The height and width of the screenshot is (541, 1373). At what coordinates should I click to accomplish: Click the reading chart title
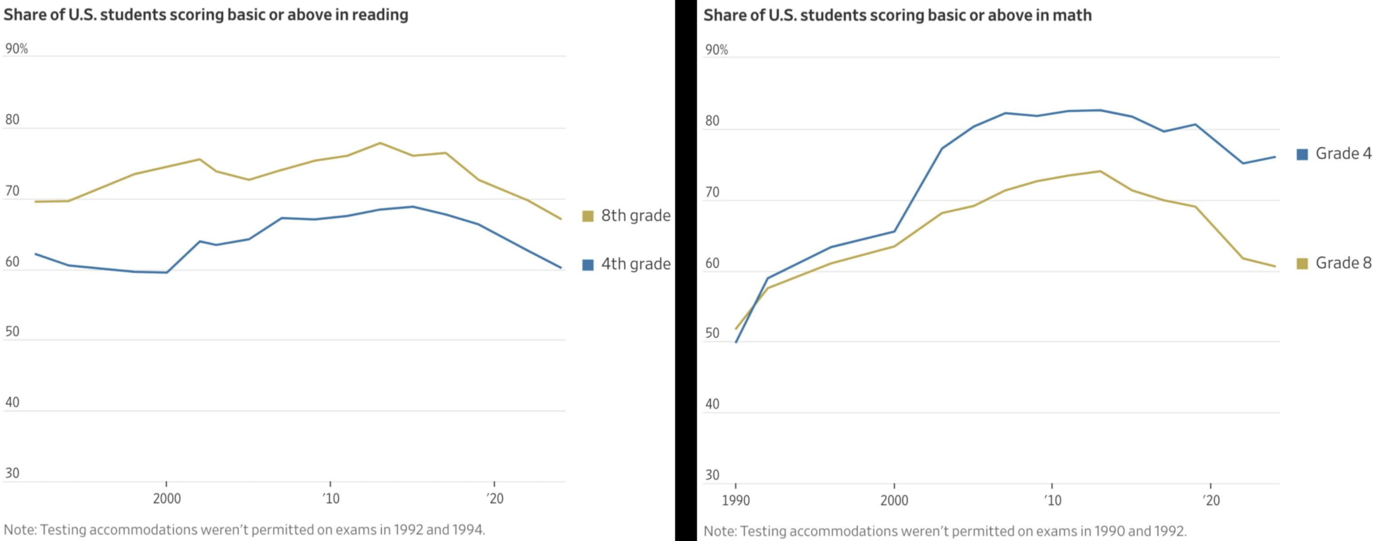coord(206,15)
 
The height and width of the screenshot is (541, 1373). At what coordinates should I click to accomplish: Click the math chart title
coord(897,15)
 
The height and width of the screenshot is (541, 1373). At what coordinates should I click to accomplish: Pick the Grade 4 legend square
coord(1302,154)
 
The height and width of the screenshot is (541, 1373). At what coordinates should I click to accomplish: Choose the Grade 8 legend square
coord(1302,264)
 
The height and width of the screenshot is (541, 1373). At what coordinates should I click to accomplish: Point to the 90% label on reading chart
coord(17,49)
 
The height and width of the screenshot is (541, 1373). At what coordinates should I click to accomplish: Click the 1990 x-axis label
coord(736,500)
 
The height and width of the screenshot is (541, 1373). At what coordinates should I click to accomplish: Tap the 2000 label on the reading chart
coord(167,499)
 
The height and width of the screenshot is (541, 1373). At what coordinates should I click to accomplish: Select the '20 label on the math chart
coord(1211,500)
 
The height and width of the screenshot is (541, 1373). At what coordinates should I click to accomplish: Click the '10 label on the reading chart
coord(330,499)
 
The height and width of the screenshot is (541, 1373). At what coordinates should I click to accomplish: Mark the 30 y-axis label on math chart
coord(712,475)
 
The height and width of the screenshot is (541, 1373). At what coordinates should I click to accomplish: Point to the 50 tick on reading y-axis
coord(12,331)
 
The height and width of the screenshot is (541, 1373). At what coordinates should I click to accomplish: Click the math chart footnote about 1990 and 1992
coord(945,532)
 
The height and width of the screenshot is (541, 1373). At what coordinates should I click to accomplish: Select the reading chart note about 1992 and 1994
coord(245,530)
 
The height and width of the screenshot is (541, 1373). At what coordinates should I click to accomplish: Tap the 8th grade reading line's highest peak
coord(380,143)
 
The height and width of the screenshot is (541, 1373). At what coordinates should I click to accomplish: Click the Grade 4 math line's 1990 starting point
coord(736,342)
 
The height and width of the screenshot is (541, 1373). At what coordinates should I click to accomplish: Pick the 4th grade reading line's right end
coord(561,267)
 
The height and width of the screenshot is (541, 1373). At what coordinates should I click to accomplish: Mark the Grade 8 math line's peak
coord(1100,171)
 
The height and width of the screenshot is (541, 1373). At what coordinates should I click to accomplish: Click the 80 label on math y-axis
coord(712,121)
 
